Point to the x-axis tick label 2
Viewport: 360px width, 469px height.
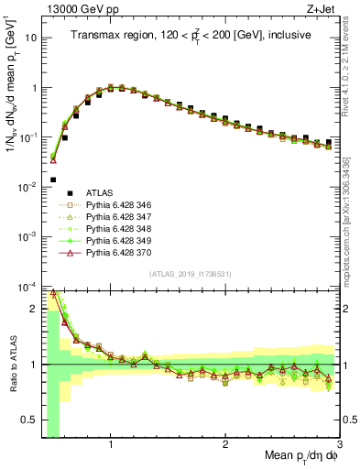225,445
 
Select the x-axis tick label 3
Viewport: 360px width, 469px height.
339,445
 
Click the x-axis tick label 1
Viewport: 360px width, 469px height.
111,445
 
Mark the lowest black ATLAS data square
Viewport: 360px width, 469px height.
53,180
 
